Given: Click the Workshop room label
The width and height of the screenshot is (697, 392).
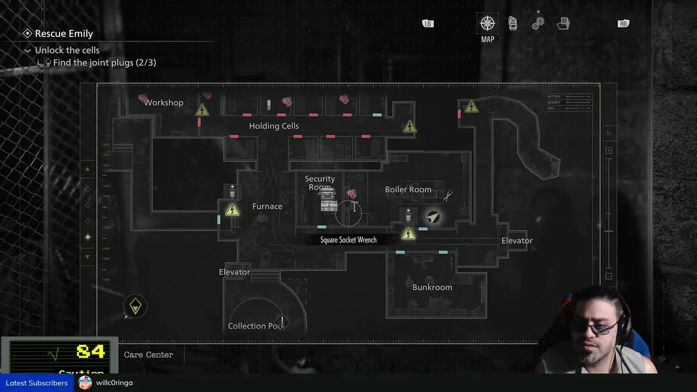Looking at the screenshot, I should (x=163, y=102).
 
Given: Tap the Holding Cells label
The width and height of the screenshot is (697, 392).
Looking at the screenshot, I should (x=274, y=126).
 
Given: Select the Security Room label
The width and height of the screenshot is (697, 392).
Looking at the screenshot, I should (x=320, y=182).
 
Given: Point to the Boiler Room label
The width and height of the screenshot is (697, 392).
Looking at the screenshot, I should (x=408, y=189).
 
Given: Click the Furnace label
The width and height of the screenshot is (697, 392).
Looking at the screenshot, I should (x=267, y=206).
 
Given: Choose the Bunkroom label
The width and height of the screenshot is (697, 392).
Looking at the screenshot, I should (x=432, y=287).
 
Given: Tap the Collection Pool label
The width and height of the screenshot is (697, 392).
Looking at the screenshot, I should (x=255, y=326).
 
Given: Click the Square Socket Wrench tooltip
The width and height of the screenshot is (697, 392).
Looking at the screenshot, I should (x=348, y=240).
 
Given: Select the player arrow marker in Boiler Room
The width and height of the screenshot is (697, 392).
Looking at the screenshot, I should (x=433, y=217).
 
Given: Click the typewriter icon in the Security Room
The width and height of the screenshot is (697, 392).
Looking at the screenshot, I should (x=328, y=202).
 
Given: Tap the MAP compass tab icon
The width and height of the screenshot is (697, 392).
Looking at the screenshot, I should (x=487, y=23).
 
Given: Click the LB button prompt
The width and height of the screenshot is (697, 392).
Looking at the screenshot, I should (x=428, y=23).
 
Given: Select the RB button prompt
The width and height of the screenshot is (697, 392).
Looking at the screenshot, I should (x=623, y=23).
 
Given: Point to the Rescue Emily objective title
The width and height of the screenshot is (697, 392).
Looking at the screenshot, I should (x=64, y=34).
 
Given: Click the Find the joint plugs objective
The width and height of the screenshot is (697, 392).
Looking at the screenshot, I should (x=104, y=63).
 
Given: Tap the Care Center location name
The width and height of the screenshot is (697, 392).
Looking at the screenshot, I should (x=148, y=354).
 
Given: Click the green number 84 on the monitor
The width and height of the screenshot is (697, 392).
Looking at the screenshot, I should (x=90, y=352).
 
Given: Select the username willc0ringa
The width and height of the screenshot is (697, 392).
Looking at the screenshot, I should (x=114, y=383).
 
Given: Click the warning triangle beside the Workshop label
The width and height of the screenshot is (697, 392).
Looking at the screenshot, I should (x=202, y=110).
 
